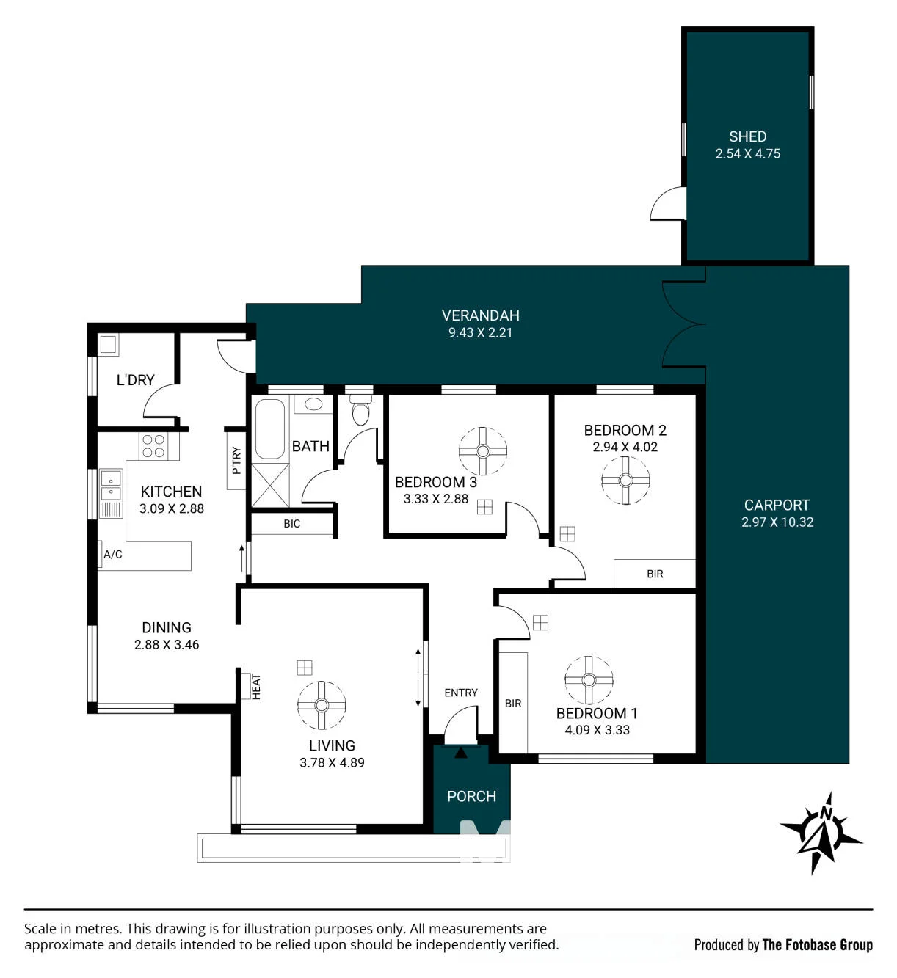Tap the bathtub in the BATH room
(x=269, y=429)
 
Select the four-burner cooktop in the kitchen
(x=153, y=446)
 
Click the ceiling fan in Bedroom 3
(x=482, y=451)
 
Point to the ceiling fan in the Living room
(x=322, y=705)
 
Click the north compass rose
(x=821, y=833)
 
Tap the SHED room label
(x=747, y=136)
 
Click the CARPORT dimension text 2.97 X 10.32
(x=777, y=522)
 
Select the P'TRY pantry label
(x=236, y=461)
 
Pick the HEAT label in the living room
(x=256, y=687)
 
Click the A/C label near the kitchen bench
(x=112, y=555)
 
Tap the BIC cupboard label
(x=291, y=524)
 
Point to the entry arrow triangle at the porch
(x=460, y=753)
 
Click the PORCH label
(x=471, y=797)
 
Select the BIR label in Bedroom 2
(x=655, y=574)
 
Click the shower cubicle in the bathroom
(x=270, y=486)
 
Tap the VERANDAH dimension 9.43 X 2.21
(x=480, y=332)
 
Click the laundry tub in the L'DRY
(x=108, y=344)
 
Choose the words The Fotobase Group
(x=817, y=945)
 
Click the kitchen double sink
(x=111, y=485)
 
